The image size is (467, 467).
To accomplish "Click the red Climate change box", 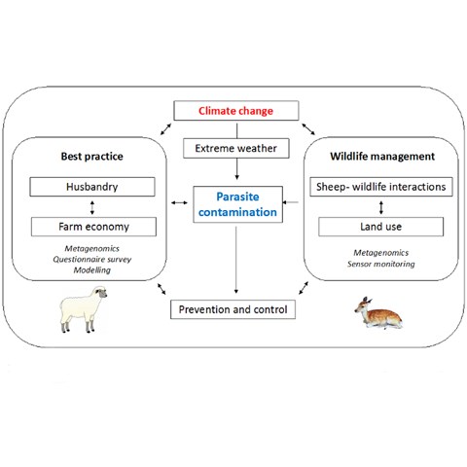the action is (236, 111).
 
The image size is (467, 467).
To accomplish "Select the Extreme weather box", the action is (236, 148).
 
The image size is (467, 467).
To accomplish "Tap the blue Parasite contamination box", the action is (237, 204).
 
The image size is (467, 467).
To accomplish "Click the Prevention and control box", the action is (233, 309).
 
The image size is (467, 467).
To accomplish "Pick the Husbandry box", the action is (92, 187).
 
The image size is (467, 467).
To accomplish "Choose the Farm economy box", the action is (93, 227).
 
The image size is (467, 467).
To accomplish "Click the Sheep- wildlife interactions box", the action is (381, 187).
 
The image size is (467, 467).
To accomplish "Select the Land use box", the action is (380, 227).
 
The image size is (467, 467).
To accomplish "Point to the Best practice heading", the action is (92, 157).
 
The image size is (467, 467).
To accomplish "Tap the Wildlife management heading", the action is (382, 157).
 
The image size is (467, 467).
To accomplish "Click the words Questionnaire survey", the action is (92, 260).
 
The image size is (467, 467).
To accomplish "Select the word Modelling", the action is (92, 270).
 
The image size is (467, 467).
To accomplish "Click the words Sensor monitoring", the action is (381, 264).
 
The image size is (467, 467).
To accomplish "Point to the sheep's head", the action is (101, 292).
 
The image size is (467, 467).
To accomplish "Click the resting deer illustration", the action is (378, 313).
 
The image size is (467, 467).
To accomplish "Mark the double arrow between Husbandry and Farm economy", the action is (92, 207).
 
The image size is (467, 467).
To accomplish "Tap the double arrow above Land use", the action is (381, 207).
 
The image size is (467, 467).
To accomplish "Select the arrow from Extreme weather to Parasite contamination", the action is (236, 169).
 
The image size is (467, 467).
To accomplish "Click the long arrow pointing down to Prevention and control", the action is (236, 260).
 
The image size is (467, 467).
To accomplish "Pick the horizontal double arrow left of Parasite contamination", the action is (179, 202).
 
